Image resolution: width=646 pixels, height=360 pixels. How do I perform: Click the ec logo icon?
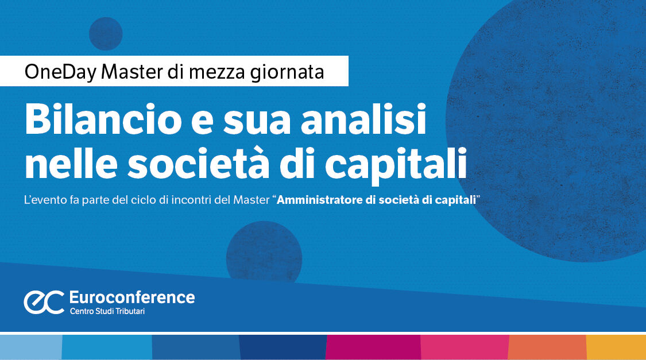(43, 302)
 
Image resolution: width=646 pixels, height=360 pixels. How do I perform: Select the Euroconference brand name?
(131, 297)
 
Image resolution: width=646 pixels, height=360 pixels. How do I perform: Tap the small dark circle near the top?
(106, 33)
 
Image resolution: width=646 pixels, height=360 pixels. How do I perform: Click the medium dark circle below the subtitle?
(264, 253)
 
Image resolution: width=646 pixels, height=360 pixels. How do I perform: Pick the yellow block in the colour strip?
(616, 347)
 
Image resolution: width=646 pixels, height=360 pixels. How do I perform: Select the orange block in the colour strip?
(547, 347)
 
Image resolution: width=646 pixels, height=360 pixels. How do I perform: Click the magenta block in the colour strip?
(373, 347)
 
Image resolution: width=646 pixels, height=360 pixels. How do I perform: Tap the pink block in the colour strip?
(465, 347)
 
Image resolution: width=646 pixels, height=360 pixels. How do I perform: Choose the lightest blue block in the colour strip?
(30, 347)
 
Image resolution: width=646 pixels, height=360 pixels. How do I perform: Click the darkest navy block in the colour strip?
(283, 347)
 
